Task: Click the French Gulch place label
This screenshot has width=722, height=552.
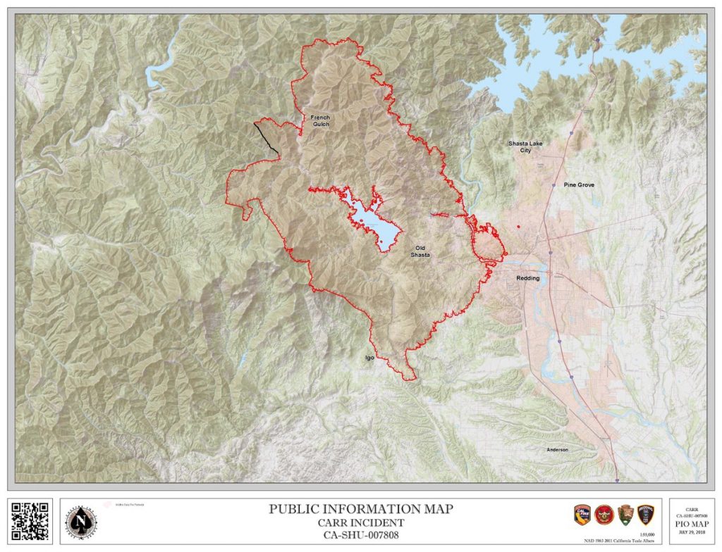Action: coord(319,120)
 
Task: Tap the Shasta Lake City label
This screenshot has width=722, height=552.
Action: coord(525,146)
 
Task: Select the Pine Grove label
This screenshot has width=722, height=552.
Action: coord(579,184)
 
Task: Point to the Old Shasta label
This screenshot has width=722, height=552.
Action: coord(420,251)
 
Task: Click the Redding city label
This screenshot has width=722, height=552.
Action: coord(527,278)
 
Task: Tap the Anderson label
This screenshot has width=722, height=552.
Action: coord(557,449)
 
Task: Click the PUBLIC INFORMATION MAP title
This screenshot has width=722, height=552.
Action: coord(361,509)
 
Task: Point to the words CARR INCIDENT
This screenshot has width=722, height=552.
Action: coord(361,522)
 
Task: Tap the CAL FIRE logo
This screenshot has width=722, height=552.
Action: coord(582,515)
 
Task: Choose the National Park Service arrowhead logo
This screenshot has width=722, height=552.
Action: coord(625,515)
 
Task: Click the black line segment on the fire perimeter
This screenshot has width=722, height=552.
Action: coord(265,137)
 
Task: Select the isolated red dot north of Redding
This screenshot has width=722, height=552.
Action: coord(518,227)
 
